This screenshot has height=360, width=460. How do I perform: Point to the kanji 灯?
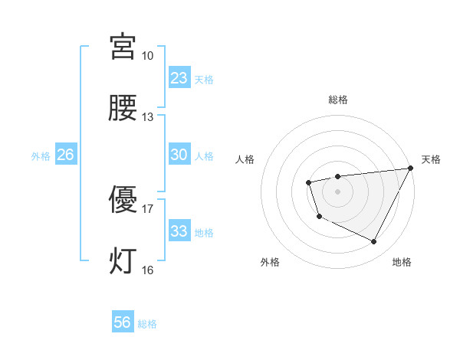click(x=124, y=260)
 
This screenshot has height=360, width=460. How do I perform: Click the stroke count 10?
click(x=147, y=56)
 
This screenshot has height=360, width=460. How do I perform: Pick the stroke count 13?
click(x=147, y=117)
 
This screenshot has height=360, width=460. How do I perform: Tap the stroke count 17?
click(x=147, y=208)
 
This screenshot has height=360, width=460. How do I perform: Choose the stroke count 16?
click(x=147, y=270)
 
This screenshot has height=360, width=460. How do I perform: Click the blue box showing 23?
click(x=179, y=78)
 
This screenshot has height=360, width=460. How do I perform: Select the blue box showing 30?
click(x=179, y=155)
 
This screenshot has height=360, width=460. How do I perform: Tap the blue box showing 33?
click(x=179, y=231)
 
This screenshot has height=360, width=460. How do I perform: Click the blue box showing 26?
click(x=65, y=155)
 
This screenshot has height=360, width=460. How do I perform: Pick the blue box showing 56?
click(x=123, y=322)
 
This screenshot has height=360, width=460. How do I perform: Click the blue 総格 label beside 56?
click(x=148, y=324)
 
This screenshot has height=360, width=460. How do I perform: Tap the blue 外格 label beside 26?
click(x=41, y=156)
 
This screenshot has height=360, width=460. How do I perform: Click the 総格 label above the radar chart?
click(x=337, y=100)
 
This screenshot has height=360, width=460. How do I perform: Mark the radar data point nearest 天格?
click(x=412, y=169)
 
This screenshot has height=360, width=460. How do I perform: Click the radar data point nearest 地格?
click(x=374, y=242)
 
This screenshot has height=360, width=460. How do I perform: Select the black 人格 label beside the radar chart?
click(x=245, y=160)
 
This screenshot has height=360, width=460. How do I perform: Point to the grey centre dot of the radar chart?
click(x=337, y=191)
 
